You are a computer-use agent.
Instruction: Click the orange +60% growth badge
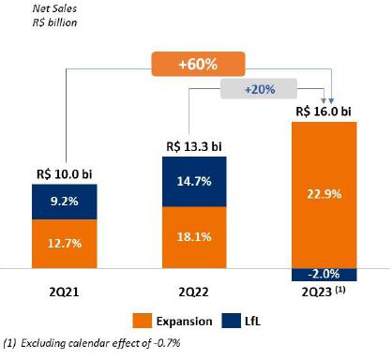point(198,64)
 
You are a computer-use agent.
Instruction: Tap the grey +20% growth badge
point(259,89)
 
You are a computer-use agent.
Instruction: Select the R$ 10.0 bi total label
point(65,174)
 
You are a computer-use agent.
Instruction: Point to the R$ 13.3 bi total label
point(194,146)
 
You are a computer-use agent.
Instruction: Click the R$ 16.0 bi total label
point(324,112)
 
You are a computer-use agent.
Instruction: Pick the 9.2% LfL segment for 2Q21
point(65,202)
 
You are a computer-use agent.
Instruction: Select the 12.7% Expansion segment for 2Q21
point(65,244)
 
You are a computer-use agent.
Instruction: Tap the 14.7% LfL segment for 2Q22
point(194,182)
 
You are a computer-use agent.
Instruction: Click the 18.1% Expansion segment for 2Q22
point(194,237)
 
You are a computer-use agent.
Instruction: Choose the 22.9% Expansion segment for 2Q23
point(324,195)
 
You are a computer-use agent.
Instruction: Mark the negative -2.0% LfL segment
point(324,275)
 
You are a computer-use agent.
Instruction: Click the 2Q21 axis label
point(64,292)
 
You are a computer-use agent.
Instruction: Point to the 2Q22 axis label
point(194,292)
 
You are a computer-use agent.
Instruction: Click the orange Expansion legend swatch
point(143,321)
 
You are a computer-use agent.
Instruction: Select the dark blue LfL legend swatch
point(232,321)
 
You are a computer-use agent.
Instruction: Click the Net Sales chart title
point(54,8)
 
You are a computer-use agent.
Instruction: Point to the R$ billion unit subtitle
point(54,22)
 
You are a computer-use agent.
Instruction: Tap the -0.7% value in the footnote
point(167,343)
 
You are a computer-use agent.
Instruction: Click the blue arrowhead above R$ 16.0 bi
point(331,101)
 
